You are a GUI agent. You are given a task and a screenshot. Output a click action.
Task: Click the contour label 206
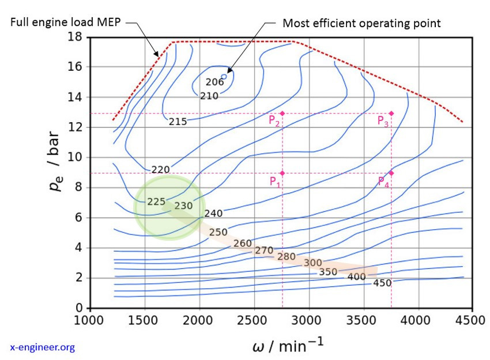pyautogui.click(x=214, y=82)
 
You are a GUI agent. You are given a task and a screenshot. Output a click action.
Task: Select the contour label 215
pyautogui.click(x=178, y=122)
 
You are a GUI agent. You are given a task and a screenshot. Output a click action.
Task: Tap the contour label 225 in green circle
pyautogui.click(x=156, y=202)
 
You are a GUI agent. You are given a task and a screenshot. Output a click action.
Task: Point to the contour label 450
pyautogui.click(x=382, y=283)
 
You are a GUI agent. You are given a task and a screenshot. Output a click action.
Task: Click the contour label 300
pyautogui.click(x=312, y=263)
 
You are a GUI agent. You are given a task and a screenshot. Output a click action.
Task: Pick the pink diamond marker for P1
pyautogui.click(x=282, y=173)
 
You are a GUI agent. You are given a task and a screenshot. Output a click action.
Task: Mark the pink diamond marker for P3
pyautogui.click(x=391, y=113)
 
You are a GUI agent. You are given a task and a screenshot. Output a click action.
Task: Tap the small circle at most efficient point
pyautogui.click(x=224, y=76)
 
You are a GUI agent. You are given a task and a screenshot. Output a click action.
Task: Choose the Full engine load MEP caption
pyautogui.click(x=66, y=22)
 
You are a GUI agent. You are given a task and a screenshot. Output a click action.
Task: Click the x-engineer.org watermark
pyautogui.click(x=43, y=347)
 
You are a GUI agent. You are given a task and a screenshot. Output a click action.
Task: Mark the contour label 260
pyautogui.click(x=243, y=243)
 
